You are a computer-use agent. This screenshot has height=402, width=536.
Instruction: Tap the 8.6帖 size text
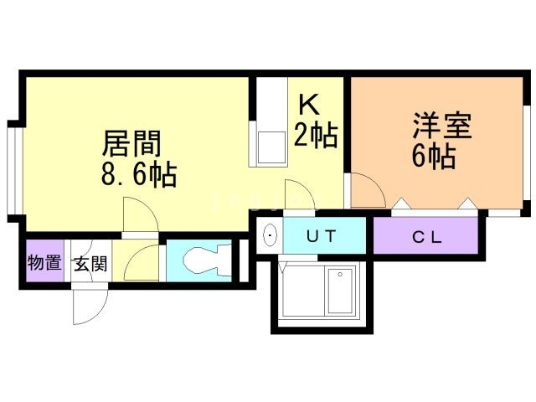click(x=139, y=175)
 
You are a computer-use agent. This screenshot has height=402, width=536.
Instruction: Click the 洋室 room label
click(x=441, y=125)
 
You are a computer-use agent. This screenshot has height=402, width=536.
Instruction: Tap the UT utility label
click(x=322, y=236)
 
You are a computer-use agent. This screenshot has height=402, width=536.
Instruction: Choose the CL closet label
click(x=428, y=236)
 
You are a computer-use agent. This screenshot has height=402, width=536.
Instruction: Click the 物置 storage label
click(x=44, y=263)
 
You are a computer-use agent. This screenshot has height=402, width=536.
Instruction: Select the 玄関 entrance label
click(x=90, y=264)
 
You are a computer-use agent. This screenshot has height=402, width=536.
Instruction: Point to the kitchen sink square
click(x=271, y=148)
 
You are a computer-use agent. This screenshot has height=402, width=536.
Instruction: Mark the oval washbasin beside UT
click(x=270, y=235)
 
